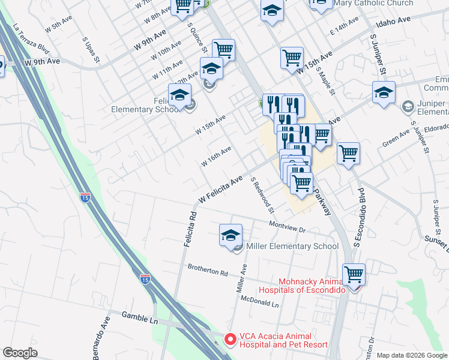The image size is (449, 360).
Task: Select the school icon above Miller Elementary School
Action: [231, 235]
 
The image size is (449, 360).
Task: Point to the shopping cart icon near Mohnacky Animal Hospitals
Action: [354, 274]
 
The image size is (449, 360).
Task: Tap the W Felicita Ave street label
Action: [220, 188]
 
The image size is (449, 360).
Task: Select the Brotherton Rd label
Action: [208, 270]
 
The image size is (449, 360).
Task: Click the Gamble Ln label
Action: [139, 317]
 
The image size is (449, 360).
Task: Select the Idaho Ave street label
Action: [393, 21]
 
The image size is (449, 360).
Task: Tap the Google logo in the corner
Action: [20, 353]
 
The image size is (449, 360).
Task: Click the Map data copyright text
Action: [412, 355]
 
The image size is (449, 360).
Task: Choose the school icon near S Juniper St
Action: [384, 92]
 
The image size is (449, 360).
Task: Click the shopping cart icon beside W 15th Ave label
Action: [292, 58]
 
